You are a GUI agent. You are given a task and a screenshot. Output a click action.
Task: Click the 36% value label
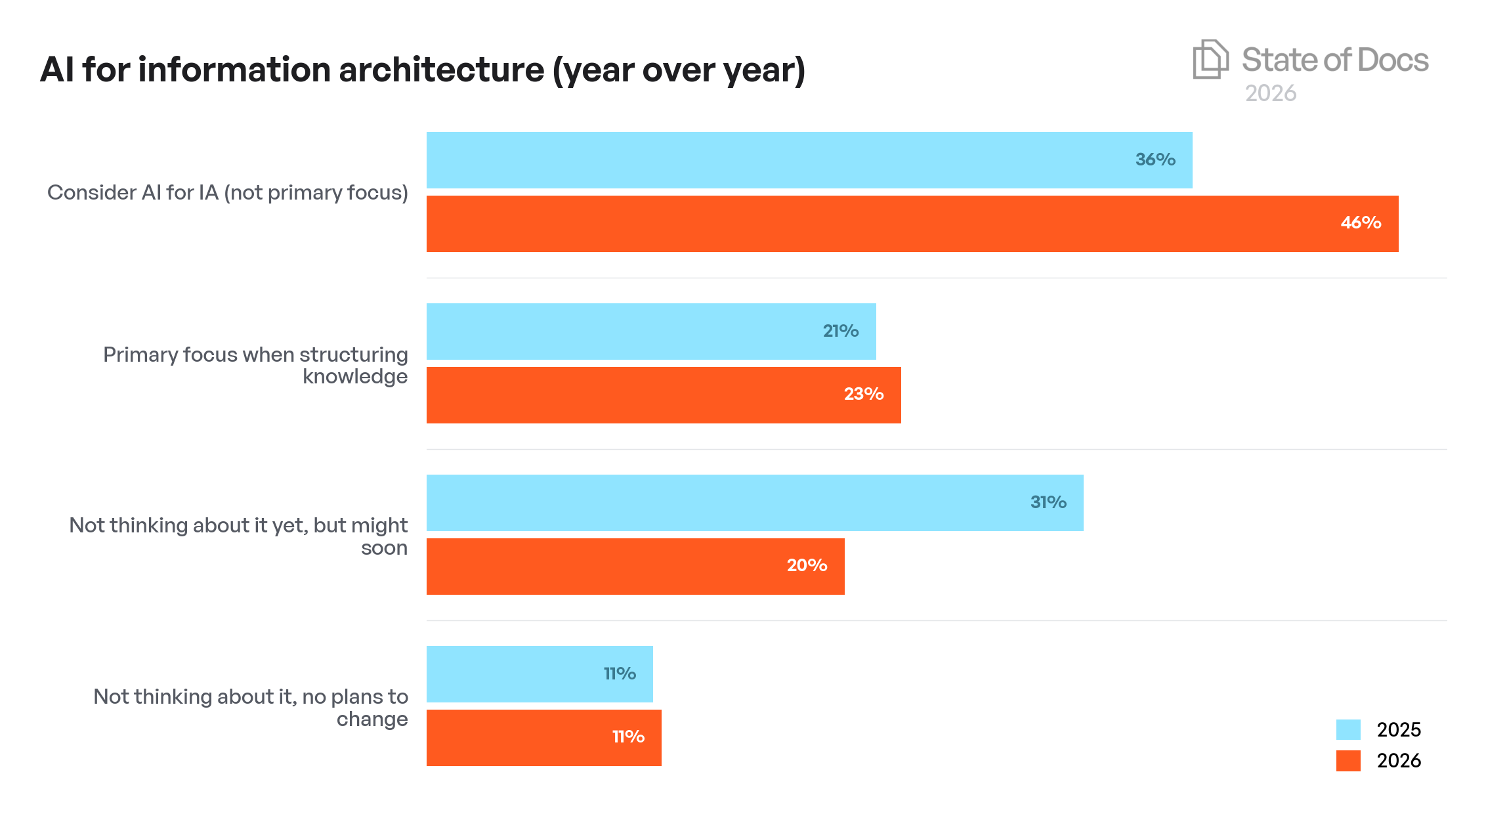tap(1155, 160)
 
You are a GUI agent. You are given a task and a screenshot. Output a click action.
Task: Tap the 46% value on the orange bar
tap(1361, 223)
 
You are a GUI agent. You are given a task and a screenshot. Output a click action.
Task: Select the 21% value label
tap(840, 331)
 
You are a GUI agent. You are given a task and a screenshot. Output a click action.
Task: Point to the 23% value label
tap(863, 394)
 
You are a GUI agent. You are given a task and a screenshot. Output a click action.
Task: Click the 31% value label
tap(1048, 502)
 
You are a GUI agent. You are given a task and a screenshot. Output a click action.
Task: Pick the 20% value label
tap(807, 565)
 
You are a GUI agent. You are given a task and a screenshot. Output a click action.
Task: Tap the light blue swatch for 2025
tap(1348, 729)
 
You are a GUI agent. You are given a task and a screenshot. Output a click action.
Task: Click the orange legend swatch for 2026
tap(1348, 760)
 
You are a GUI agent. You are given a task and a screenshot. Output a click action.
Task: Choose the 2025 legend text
tap(1399, 729)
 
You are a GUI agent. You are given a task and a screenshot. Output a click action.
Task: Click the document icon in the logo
tap(1210, 59)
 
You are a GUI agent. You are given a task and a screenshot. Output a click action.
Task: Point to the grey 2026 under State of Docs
tap(1271, 93)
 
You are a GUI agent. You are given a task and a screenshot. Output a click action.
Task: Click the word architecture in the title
tap(441, 70)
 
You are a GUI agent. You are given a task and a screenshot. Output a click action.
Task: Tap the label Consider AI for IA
tap(227, 192)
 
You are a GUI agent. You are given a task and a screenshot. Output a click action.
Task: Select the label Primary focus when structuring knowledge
tap(256, 365)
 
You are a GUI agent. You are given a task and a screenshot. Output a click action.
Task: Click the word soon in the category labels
tap(384, 547)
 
